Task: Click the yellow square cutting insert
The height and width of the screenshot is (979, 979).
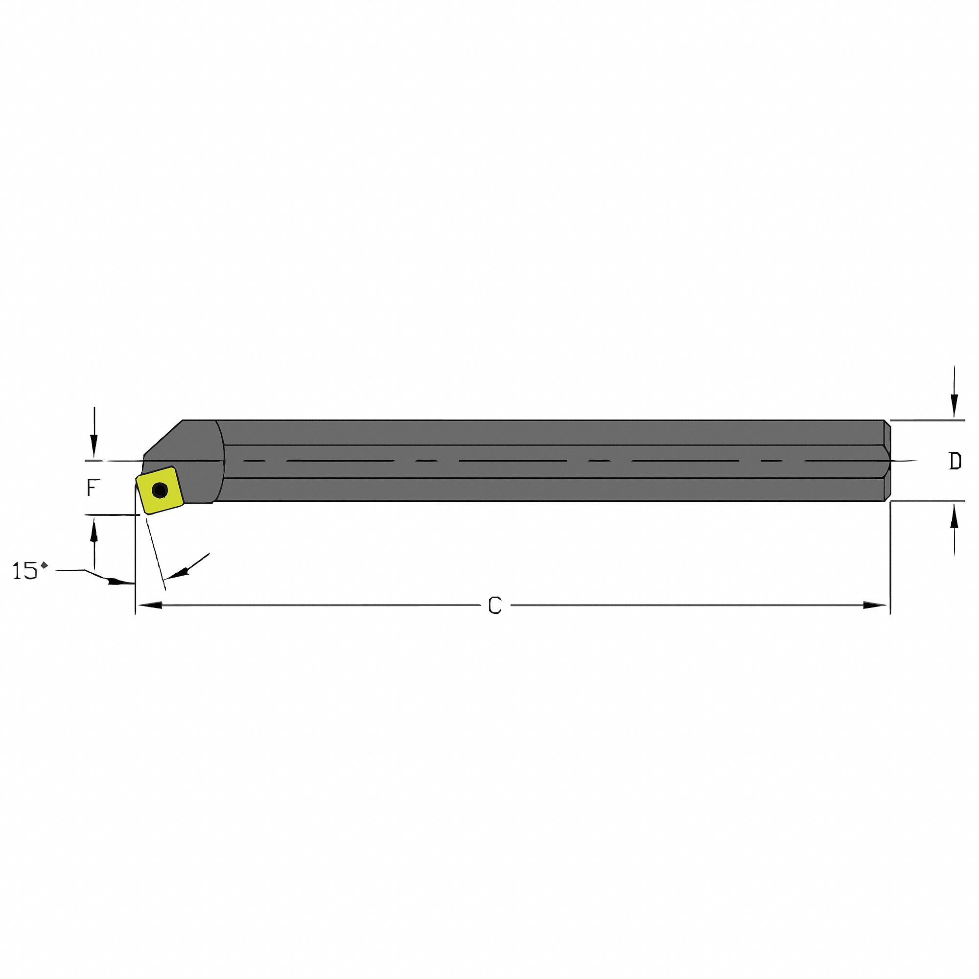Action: point(158,490)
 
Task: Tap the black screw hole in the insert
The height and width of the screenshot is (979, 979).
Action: point(160,490)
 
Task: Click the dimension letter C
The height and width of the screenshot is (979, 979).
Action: point(494,606)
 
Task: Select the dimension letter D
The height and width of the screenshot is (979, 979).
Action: point(955,461)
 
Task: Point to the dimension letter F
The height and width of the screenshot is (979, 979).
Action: point(92,489)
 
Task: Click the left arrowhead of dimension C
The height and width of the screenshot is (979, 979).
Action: point(150,605)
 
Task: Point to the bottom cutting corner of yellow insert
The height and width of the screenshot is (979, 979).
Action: point(146,514)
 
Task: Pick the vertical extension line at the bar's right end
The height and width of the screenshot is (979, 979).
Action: point(890,558)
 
